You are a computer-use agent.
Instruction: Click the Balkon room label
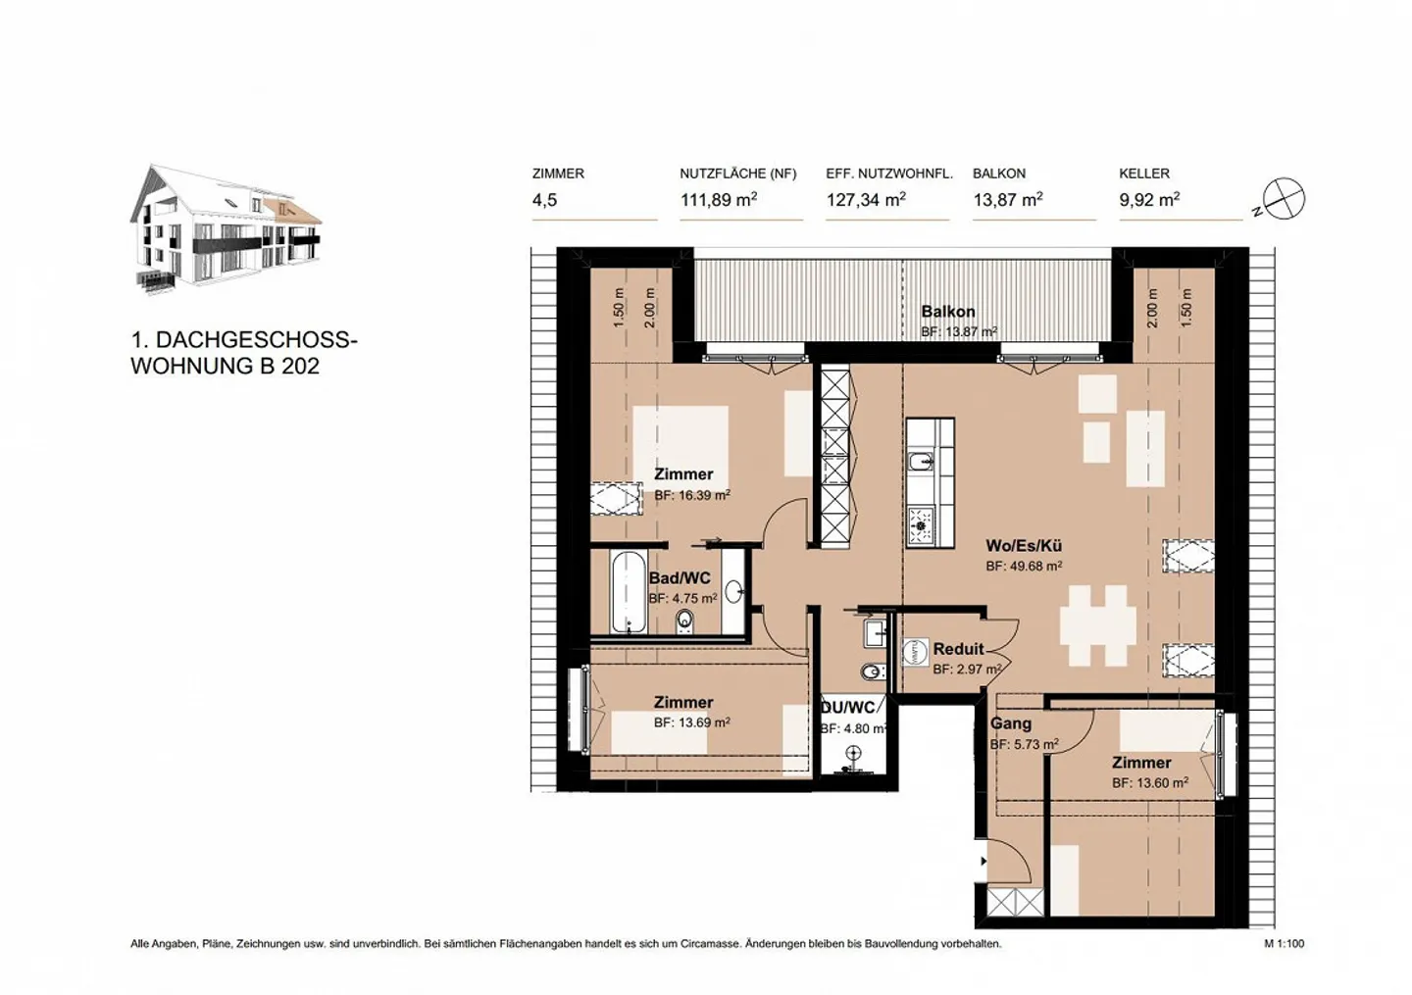coord(947,312)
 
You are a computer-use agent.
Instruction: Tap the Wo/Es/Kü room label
coord(1024,546)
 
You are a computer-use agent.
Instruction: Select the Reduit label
coord(958,649)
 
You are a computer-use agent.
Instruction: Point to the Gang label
coord(1010,723)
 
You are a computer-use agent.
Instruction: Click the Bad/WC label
coord(680,578)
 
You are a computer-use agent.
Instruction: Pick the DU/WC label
coord(848,708)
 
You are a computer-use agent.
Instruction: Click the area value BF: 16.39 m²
coord(691,496)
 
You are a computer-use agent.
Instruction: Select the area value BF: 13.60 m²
coord(1149,783)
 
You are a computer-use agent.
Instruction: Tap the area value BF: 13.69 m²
coord(691,722)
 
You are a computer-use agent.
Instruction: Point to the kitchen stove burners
coord(920,525)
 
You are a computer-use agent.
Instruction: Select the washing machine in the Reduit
coord(914,652)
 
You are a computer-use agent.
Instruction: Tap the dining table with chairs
coord(1097,624)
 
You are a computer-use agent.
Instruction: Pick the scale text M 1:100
coord(1284,944)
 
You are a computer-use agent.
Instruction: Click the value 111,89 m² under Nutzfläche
coord(718,200)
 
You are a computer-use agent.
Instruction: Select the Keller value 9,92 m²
coord(1148,200)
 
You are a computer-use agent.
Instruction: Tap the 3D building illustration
coord(226,229)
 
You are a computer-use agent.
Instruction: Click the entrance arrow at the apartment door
coord(983,862)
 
